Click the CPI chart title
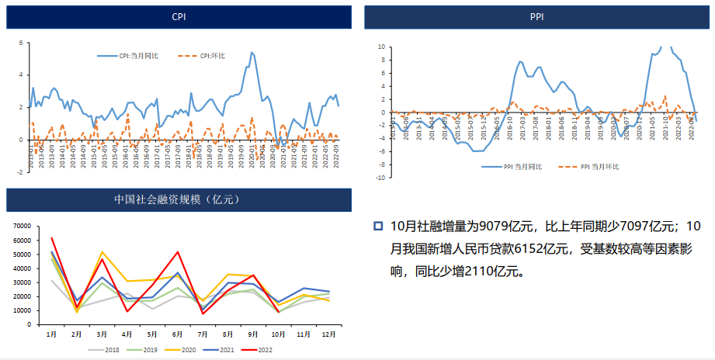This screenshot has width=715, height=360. click(179, 16)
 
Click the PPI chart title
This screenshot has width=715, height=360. click(536, 16)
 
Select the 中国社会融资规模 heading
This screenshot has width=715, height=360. click(179, 200)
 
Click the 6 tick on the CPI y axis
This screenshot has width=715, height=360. click(20, 43)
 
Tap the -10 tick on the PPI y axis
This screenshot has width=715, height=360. click(381, 178)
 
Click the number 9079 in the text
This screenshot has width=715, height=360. click(495, 227)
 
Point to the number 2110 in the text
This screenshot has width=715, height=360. click(478, 272)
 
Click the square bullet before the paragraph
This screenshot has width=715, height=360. click(378, 227)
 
